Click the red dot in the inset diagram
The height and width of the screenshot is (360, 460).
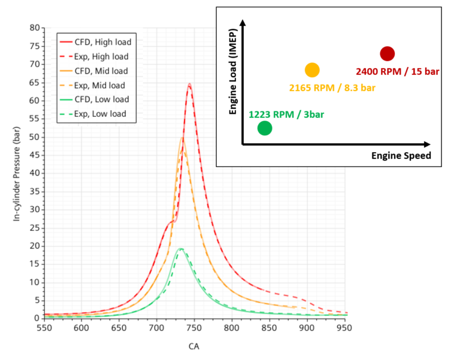coord(387,54)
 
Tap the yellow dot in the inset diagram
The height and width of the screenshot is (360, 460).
coord(312,70)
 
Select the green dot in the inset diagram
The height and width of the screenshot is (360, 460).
coord(265,128)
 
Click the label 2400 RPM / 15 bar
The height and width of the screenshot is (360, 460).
coord(397,71)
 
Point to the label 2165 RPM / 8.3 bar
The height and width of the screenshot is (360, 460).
coord(332,88)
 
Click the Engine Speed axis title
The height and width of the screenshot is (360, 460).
coord(401,156)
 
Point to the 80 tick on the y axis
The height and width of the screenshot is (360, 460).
coord(35,28)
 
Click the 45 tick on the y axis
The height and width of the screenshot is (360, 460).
coord(35,155)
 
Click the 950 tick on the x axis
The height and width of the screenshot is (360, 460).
coord(345,328)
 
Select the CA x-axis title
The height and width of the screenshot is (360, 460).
coord(194,346)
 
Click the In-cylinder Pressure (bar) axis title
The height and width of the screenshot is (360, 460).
coord(17,173)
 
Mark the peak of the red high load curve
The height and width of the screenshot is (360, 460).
coord(189,84)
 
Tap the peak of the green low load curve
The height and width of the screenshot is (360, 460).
coord(180,248)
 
